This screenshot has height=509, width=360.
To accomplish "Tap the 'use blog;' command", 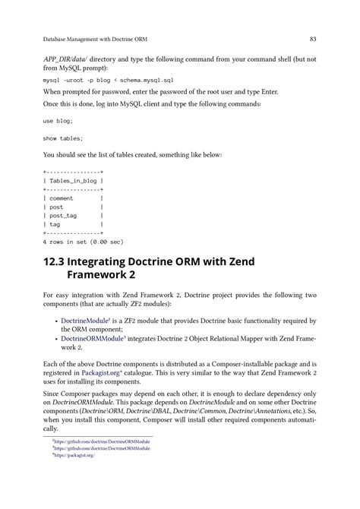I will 58,121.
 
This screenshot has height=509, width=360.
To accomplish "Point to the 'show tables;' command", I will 63,138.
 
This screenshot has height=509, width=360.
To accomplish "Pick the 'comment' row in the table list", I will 62,198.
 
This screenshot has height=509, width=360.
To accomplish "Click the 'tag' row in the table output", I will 55,224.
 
